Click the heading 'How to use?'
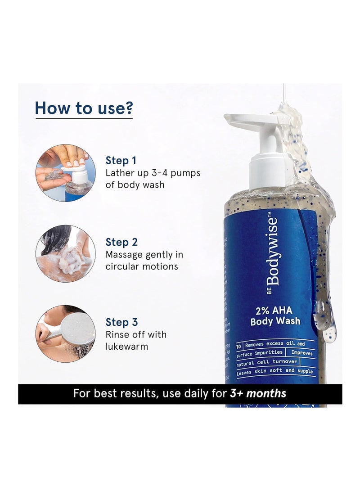pyautogui.click(x=84, y=108)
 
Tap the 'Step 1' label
pyautogui.click(x=121, y=160)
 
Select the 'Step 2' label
pyautogui.click(x=121, y=242)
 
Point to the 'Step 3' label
pyautogui.click(x=121, y=322)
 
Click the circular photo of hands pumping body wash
pyautogui.click(x=66, y=173)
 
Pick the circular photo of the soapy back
pyautogui.click(x=66, y=254)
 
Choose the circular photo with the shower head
pyautogui.click(x=66, y=333)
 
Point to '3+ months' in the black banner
pyautogui.click(x=258, y=393)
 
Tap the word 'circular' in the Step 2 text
pyautogui.click(x=121, y=266)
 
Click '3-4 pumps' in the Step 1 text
pyautogui.click(x=178, y=173)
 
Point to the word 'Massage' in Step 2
pyautogui.click(x=125, y=255)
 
